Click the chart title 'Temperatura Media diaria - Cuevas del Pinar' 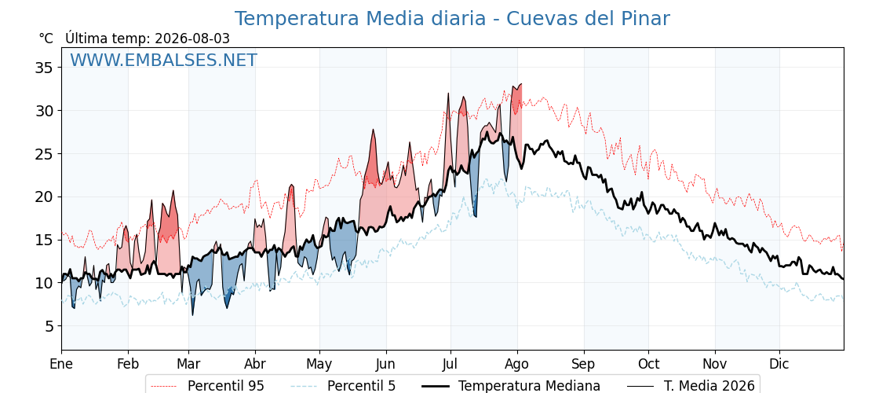452,19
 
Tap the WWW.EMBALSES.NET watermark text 164,60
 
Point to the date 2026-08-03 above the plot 192,39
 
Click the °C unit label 46,39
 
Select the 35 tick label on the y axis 42,68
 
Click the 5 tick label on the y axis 48,326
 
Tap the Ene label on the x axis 61,365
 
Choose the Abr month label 255,365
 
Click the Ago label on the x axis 517,365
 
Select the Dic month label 779,365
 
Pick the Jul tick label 450,365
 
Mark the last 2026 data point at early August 521,84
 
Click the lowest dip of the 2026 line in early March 193,315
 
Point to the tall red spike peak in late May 373,130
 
